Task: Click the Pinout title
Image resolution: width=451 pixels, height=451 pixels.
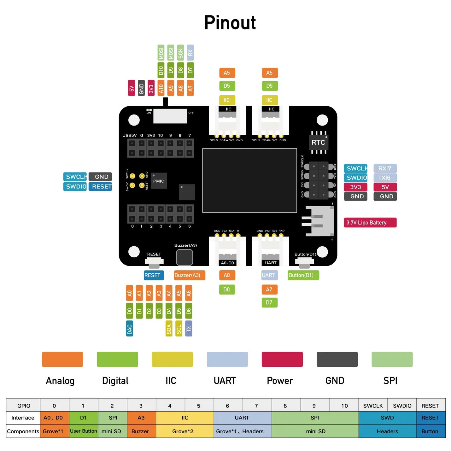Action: [x=230, y=23]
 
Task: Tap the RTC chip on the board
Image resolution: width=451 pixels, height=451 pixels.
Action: [x=319, y=143]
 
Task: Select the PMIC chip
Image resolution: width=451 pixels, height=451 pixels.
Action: [x=159, y=181]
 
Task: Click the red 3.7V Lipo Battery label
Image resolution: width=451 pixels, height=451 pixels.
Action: [x=370, y=223]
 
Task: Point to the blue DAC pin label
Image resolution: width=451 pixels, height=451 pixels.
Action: [x=129, y=329]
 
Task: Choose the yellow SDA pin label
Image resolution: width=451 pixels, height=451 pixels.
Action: [x=169, y=329]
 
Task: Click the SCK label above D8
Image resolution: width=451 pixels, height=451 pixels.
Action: [x=180, y=53]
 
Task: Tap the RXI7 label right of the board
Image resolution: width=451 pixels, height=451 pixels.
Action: [x=385, y=168]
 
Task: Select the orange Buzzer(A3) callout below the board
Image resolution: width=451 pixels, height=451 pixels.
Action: [x=189, y=275]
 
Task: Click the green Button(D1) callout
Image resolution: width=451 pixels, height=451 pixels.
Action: [x=303, y=275]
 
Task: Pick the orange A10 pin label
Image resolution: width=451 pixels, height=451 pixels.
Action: [x=161, y=88]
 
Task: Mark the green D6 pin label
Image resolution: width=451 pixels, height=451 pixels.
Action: [x=189, y=311]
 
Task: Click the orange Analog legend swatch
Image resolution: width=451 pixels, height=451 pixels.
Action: [x=62, y=360]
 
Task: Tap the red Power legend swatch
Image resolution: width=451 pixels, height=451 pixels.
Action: [x=282, y=360]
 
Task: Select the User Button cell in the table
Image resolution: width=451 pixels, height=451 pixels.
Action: [x=84, y=431]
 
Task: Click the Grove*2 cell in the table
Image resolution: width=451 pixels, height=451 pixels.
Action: [x=185, y=431]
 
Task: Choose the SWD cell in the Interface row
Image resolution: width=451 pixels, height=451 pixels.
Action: [x=387, y=418]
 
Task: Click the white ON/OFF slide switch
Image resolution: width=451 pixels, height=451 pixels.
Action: [x=170, y=116]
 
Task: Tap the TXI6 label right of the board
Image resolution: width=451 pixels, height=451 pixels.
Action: [x=385, y=178]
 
